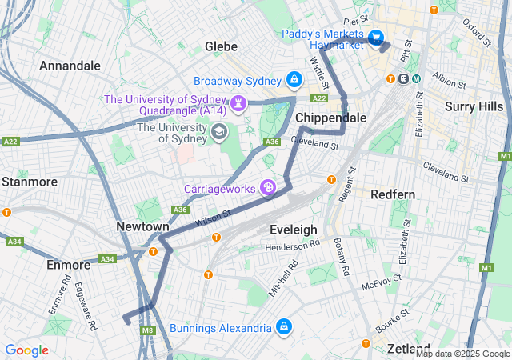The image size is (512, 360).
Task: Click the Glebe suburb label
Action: [x=222, y=46]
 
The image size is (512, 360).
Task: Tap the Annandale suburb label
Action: [x=70, y=65]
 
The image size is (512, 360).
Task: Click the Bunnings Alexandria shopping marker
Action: [x=283, y=328]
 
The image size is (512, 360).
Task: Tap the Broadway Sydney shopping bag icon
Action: [x=294, y=81]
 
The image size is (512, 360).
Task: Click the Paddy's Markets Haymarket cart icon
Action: [x=375, y=38]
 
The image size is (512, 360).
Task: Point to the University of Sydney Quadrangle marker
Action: [x=238, y=104]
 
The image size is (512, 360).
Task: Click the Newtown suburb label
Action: [x=142, y=226]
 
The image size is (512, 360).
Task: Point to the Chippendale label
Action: [x=331, y=118]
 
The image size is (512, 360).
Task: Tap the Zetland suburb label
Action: [x=409, y=349]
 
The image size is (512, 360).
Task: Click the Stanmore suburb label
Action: [x=30, y=182]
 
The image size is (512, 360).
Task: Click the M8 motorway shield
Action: [x=147, y=330]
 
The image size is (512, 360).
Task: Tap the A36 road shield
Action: [x=272, y=142]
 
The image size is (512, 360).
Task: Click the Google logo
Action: [x=26, y=350]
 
